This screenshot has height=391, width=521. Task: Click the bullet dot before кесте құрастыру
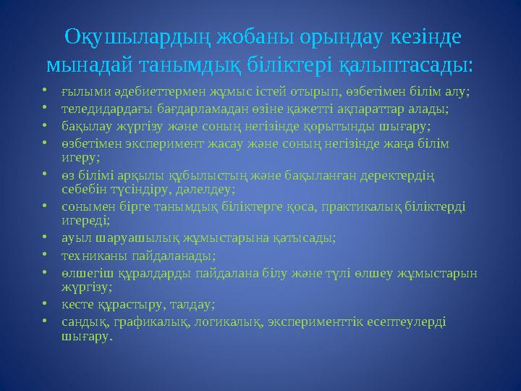45,303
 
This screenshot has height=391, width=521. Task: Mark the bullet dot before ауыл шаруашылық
45,237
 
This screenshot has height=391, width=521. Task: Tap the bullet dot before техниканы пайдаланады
45,255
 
